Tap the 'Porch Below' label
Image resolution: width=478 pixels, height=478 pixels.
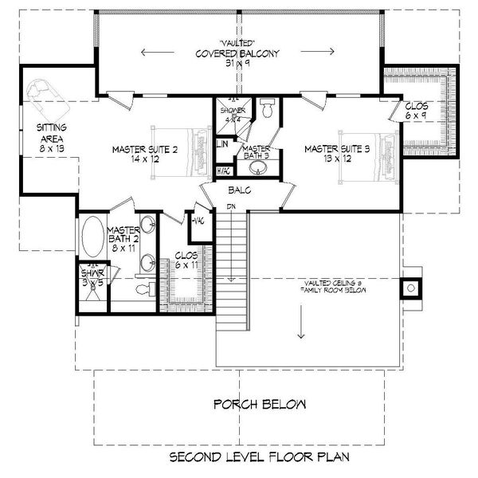(259, 405)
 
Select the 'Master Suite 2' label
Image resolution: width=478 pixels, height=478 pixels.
(144, 153)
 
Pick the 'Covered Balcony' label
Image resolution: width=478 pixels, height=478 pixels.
(237, 54)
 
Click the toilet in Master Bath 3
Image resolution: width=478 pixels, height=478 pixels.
(268, 110)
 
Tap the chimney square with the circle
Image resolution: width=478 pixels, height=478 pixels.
(412, 288)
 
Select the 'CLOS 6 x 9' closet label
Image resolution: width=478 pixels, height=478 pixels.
(417, 110)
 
